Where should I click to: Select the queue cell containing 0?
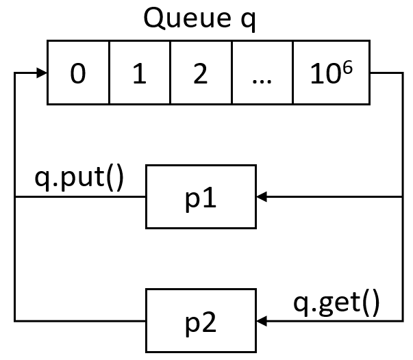point(78,73)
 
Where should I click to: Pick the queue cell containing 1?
point(139,73)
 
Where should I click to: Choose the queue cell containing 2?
point(201,73)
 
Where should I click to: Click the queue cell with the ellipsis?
point(262,73)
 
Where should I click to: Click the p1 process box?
point(201,196)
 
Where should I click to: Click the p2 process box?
point(201,320)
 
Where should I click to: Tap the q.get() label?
point(336,302)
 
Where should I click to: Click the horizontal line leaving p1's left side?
point(82,197)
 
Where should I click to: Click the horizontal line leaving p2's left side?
point(82,320)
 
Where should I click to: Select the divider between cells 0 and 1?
point(109,73)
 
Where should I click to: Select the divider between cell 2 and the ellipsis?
point(231,73)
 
